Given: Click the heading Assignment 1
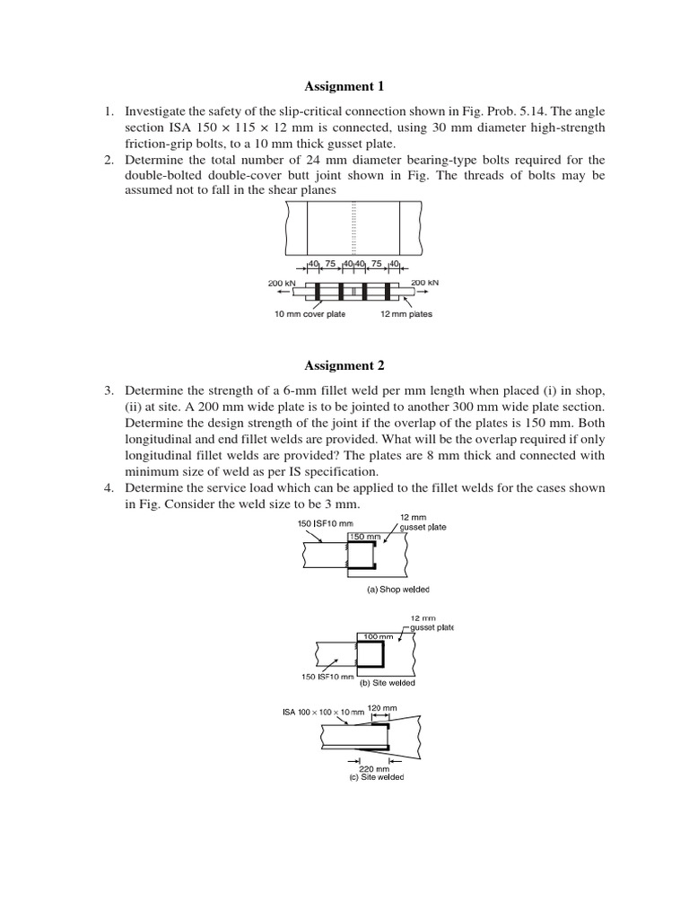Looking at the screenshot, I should pos(344,87).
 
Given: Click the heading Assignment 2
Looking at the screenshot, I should pos(344,365).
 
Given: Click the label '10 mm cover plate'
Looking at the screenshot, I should pos(310,314).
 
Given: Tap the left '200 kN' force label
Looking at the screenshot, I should pos(283,282).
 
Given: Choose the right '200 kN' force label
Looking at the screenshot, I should pos(424,282).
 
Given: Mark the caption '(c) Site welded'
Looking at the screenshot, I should pos(376,777).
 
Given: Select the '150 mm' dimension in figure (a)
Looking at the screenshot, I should pos(365,537).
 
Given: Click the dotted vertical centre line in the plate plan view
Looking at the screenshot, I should pos(354,228).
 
